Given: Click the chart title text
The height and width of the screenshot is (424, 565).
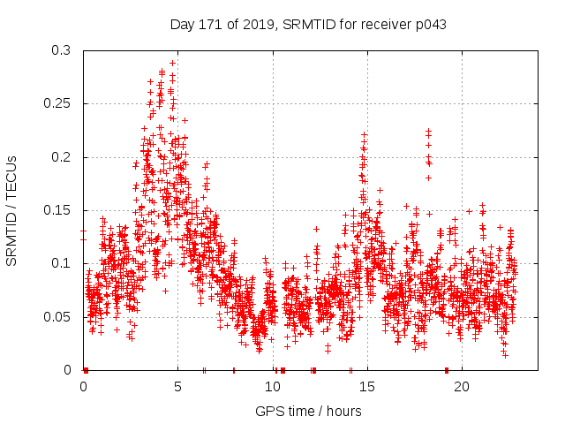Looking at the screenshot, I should (x=307, y=24).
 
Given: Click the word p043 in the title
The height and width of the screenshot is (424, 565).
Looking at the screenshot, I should (x=428, y=24).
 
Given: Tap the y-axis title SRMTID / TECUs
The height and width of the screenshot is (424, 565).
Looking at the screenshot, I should (x=11, y=210).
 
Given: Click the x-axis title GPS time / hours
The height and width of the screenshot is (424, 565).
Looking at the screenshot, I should (x=307, y=411).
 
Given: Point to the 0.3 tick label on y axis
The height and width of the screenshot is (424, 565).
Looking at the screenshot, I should (x=61, y=51).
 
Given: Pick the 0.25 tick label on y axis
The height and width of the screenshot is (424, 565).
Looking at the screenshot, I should (x=57, y=104).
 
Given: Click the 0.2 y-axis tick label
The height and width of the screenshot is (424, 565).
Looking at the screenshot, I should (x=61, y=157).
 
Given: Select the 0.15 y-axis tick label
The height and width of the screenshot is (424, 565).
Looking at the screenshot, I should (x=57, y=210).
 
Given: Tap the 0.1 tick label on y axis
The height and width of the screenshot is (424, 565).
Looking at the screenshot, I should (x=61, y=263).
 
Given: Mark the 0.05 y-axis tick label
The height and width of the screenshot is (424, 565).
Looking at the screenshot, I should (x=57, y=316).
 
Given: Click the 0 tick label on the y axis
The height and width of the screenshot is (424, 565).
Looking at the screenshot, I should (x=68, y=369).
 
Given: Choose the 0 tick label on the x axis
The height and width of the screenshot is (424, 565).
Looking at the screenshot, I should (x=83, y=387).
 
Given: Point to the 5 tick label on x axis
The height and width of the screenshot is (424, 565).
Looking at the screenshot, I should (x=177, y=387).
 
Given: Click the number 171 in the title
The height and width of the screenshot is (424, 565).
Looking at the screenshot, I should (x=210, y=24).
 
